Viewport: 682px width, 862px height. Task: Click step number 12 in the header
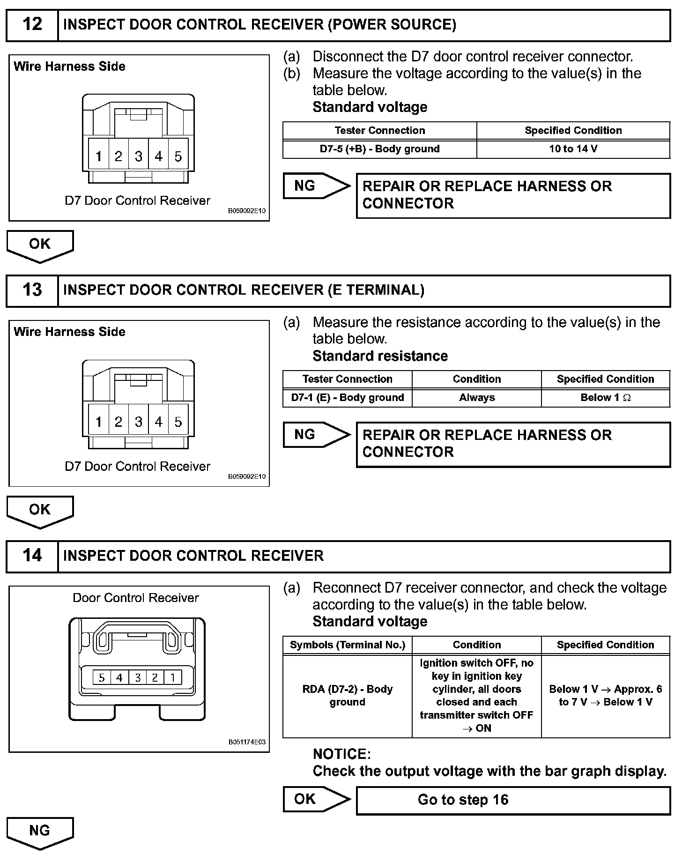(32, 24)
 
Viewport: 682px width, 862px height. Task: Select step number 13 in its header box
(32, 290)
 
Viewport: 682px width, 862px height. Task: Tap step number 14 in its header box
(32, 556)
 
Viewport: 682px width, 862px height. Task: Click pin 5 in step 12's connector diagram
(178, 156)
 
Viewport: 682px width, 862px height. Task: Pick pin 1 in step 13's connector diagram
(98, 422)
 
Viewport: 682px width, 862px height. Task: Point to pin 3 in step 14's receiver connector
(137, 677)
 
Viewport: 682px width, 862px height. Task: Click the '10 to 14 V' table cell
(573, 149)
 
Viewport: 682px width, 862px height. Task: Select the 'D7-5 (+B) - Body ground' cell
(379, 149)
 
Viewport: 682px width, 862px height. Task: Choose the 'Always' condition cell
(476, 398)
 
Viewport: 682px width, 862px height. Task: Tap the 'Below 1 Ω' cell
(605, 398)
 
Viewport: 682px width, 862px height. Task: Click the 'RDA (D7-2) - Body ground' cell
(347, 696)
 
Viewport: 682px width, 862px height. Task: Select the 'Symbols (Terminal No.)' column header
(347, 645)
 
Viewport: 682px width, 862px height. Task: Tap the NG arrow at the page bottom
(40, 831)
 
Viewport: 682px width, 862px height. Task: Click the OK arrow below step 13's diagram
(40, 510)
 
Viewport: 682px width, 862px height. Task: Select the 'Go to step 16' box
(512, 800)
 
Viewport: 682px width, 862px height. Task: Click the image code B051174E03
(247, 742)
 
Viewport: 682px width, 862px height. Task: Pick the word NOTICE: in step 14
(341, 754)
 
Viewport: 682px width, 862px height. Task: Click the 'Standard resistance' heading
(380, 356)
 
